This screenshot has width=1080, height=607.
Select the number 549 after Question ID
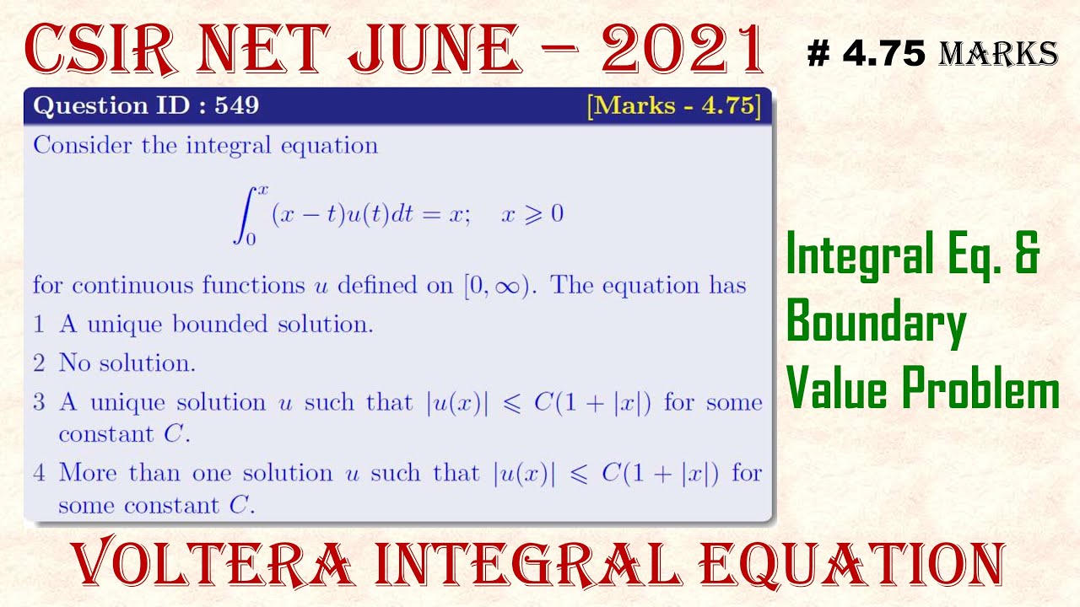pyautogui.click(x=236, y=106)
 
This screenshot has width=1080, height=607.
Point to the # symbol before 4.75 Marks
pyautogui.click(x=818, y=54)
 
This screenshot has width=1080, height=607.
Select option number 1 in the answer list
pyautogui.click(x=39, y=325)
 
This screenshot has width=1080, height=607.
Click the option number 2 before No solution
pyautogui.click(x=39, y=363)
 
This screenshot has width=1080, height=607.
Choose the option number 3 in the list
pyautogui.click(x=39, y=402)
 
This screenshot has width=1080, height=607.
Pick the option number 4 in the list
pyautogui.click(x=39, y=473)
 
